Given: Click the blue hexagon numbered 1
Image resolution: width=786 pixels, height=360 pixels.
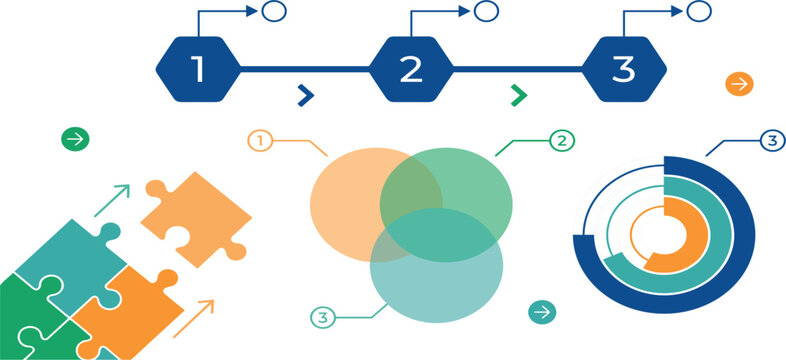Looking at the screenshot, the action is pyautogui.click(x=199, y=69).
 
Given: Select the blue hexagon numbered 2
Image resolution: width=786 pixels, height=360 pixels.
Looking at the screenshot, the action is pyautogui.click(x=411, y=69).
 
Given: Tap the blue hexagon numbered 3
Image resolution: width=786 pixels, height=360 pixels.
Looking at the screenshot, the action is pyautogui.click(x=624, y=69).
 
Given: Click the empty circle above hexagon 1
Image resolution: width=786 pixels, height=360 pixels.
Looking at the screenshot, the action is pyautogui.click(x=274, y=11).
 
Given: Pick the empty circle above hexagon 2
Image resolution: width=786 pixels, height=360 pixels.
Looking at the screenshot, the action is pyautogui.click(x=486, y=11).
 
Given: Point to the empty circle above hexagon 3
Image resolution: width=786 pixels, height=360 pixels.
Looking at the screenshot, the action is pyautogui.click(x=699, y=11).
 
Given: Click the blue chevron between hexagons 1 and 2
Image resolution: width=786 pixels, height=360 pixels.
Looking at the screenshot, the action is pyautogui.click(x=306, y=95).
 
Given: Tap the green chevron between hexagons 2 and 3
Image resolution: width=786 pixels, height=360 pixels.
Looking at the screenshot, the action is pyautogui.click(x=519, y=95).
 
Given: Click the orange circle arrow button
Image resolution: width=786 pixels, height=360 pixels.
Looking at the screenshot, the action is pyautogui.click(x=739, y=84).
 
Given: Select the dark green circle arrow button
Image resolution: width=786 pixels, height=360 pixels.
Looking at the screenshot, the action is pyautogui.click(x=75, y=139).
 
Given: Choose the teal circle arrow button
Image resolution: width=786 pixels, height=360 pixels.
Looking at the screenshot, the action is pyautogui.click(x=542, y=312).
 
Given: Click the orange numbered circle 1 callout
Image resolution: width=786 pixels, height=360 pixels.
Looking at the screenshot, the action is pyautogui.click(x=260, y=141).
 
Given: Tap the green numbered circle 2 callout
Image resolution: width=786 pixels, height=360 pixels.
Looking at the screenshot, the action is pyautogui.click(x=562, y=141).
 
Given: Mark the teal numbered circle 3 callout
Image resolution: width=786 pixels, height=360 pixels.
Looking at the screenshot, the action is pyautogui.click(x=323, y=318).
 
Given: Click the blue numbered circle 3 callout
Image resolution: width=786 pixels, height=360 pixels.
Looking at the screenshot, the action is pyautogui.click(x=772, y=141).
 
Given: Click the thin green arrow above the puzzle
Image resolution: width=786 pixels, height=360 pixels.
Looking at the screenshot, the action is pyautogui.click(x=112, y=201).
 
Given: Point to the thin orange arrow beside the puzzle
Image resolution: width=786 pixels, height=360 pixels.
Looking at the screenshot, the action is pyautogui.click(x=193, y=319).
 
